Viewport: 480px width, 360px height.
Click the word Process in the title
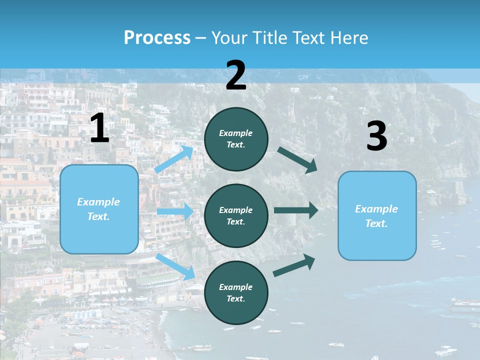point(157,37)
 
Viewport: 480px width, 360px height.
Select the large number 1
point(99,128)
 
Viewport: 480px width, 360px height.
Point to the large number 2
point(236,75)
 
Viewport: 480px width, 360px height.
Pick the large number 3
point(376,136)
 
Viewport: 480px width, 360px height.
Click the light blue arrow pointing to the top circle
point(175,159)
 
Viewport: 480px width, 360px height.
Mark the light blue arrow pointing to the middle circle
point(175,212)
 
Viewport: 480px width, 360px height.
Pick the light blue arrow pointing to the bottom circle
point(176,266)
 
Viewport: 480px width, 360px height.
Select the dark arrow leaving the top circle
point(298,160)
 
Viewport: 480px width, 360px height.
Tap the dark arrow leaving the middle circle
point(296,210)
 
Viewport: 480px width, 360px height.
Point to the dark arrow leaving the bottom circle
point(294,265)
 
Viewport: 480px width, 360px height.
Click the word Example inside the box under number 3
point(376,209)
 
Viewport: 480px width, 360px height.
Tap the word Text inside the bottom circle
point(235,298)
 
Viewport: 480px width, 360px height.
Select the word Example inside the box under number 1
point(98,202)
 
